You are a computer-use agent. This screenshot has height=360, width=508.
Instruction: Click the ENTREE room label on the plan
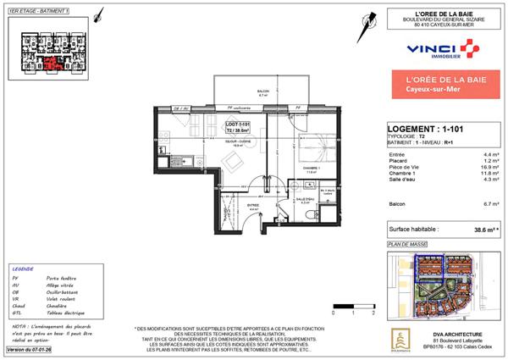251,204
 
